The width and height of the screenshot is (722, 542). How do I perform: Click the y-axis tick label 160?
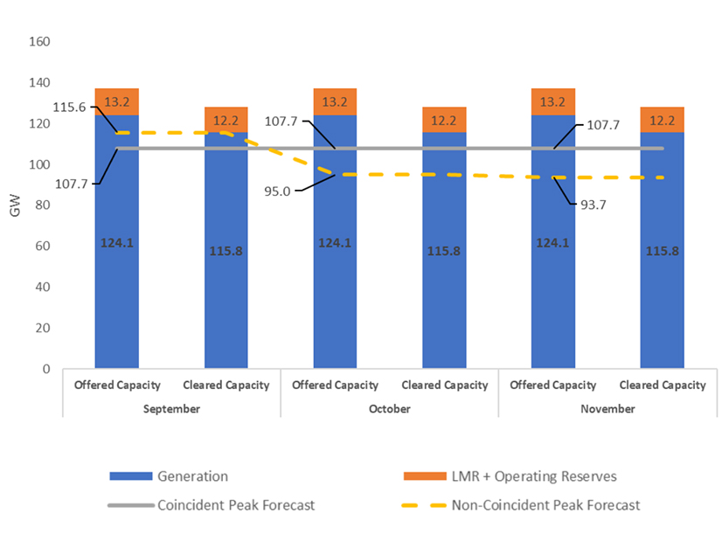39,42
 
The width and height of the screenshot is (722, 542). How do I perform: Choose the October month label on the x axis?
389,408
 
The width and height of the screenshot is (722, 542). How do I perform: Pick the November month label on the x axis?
607,408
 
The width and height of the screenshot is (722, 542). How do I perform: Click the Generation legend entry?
192,476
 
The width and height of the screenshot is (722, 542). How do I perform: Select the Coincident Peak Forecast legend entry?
237,504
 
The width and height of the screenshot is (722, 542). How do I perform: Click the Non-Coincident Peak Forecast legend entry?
545,504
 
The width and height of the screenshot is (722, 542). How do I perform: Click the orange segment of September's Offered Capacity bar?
116,101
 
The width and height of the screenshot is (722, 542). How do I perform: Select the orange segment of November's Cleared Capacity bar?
662,120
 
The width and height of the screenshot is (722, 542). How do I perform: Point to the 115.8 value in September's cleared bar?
226,251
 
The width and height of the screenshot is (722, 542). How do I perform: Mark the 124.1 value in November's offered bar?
552,243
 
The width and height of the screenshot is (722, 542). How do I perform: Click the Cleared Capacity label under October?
444,385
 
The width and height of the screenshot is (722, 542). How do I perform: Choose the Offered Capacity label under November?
553,385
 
